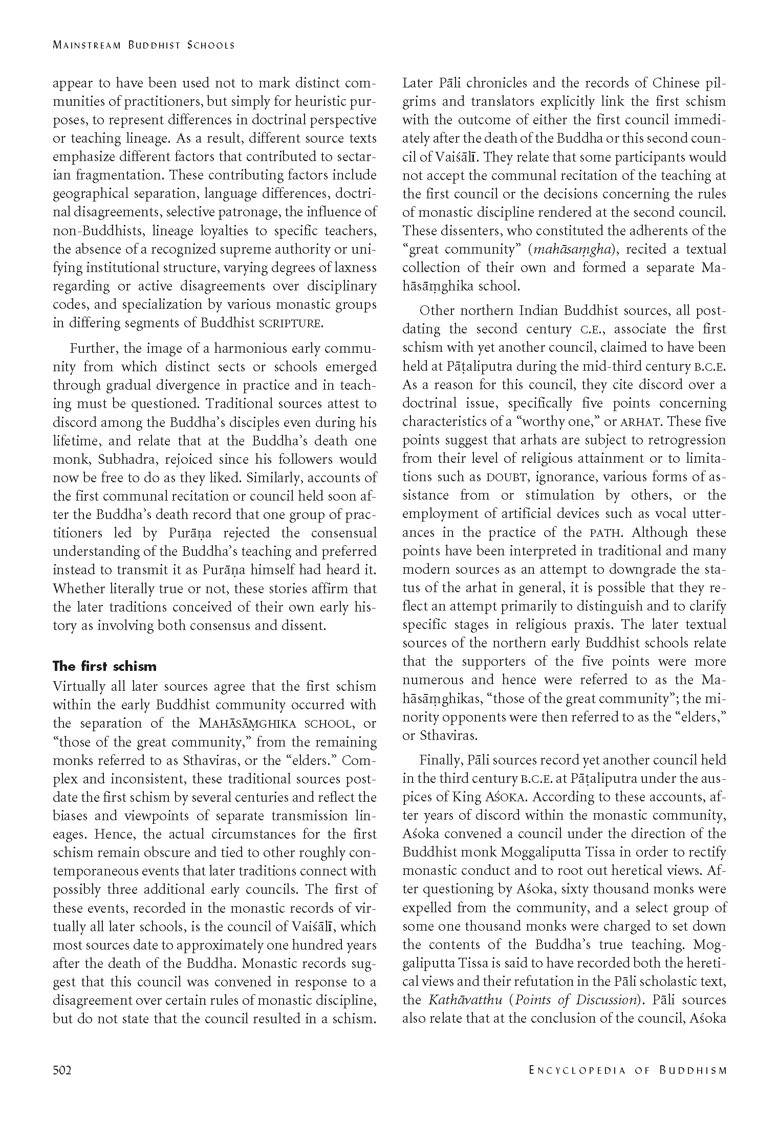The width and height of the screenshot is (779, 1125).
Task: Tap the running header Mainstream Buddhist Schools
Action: (x=144, y=45)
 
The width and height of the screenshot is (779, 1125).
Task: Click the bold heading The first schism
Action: (x=104, y=666)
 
